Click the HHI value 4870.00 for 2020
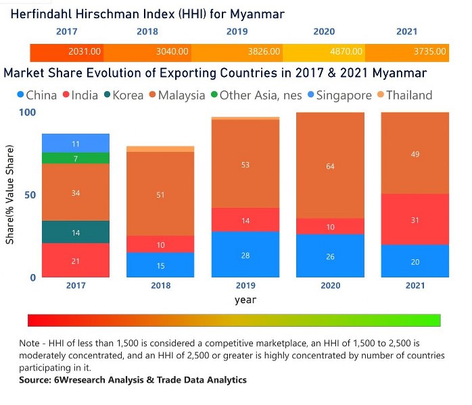[x=346, y=51]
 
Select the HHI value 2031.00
[x=85, y=51]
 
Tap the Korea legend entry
[x=124, y=95]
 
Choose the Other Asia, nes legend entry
[x=256, y=95]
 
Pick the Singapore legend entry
[x=339, y=96]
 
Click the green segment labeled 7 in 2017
[x=76, y=158]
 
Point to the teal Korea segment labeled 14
[x=76, y=232]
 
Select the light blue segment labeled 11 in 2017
[x=76, y=143]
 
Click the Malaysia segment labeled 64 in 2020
[x=330, y=165]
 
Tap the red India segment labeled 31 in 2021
[x=415, y=219]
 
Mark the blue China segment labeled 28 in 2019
[x=245, y=254]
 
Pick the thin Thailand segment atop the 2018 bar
[x=160, y=149]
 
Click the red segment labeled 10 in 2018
[x=160, y=244]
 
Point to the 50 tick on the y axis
[x=30, y=195]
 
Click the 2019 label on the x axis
[x=245, y=286]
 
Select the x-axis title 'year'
[x=245, y=300]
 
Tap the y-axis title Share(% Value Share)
[x=9, y=194]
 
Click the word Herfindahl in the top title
[x=41, y=13]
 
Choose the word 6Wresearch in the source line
[x=80, y=380]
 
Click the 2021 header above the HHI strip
[x=406, y=32]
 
